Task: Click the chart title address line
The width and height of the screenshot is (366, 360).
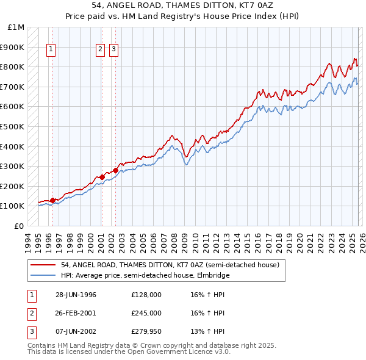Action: tap(183, 5)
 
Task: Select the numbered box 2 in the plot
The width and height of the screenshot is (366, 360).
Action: tap(100, 51)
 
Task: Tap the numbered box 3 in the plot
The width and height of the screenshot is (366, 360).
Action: tap(114, 51)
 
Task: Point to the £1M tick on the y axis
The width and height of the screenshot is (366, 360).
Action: tap(16, 27)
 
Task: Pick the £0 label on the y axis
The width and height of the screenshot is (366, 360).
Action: tap(20, 226)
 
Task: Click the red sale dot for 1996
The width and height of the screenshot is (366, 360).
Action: tap(53, 200)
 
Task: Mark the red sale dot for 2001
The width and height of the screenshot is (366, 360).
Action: tap(102, 177)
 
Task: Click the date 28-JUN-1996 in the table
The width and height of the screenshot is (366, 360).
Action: tap(76, 295)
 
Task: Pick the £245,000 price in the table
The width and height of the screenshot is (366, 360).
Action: tap(146, 313)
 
